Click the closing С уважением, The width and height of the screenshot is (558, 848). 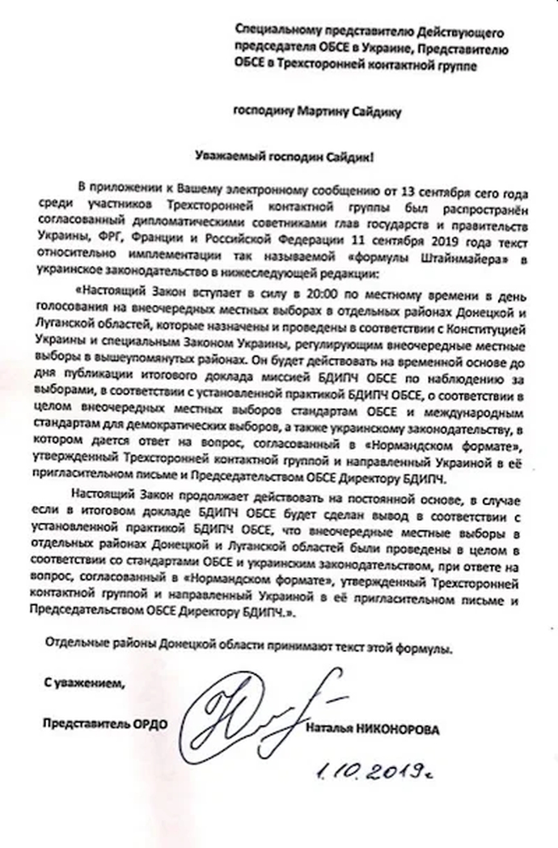click(x=85, y=685)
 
